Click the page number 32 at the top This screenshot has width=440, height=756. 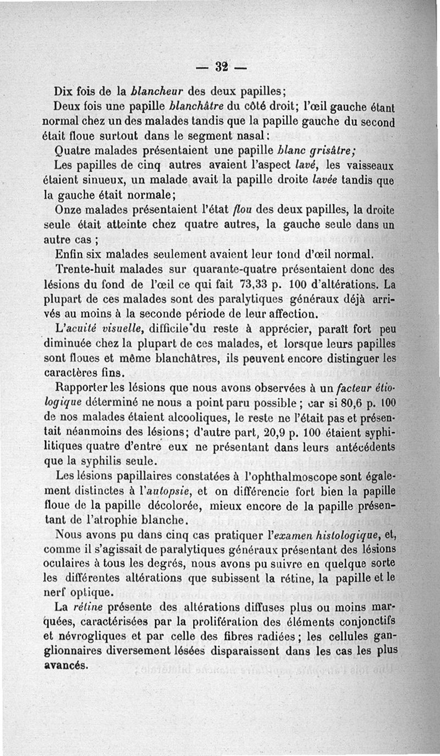click(222, 68)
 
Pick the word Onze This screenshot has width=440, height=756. click(68, 209)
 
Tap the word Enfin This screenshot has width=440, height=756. click(69, 254)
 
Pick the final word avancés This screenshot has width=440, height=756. click(65, 663)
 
